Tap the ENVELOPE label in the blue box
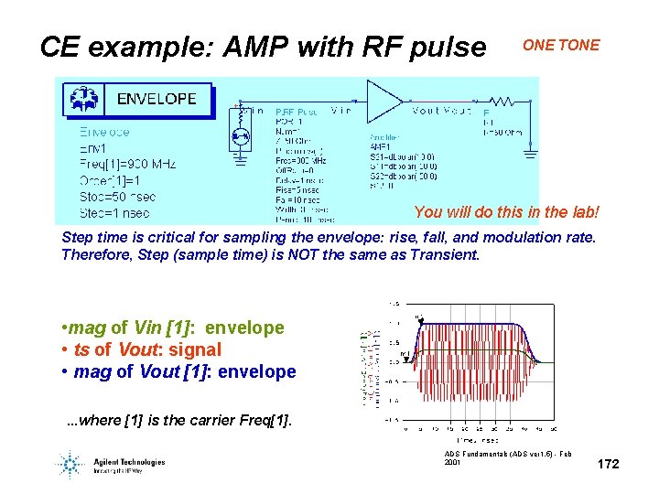(157, 99)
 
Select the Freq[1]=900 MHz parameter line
(127, 164)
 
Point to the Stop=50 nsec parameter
(118, 196)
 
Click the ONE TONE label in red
(561, 45)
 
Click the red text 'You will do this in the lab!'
(506, 212)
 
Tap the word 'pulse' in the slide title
(444, 47)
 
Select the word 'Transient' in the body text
(442, 254)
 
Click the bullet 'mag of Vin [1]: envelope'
(173, 328)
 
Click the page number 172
(608, 465)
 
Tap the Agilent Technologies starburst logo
(70, 464)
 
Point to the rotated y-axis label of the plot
(365, 367)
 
